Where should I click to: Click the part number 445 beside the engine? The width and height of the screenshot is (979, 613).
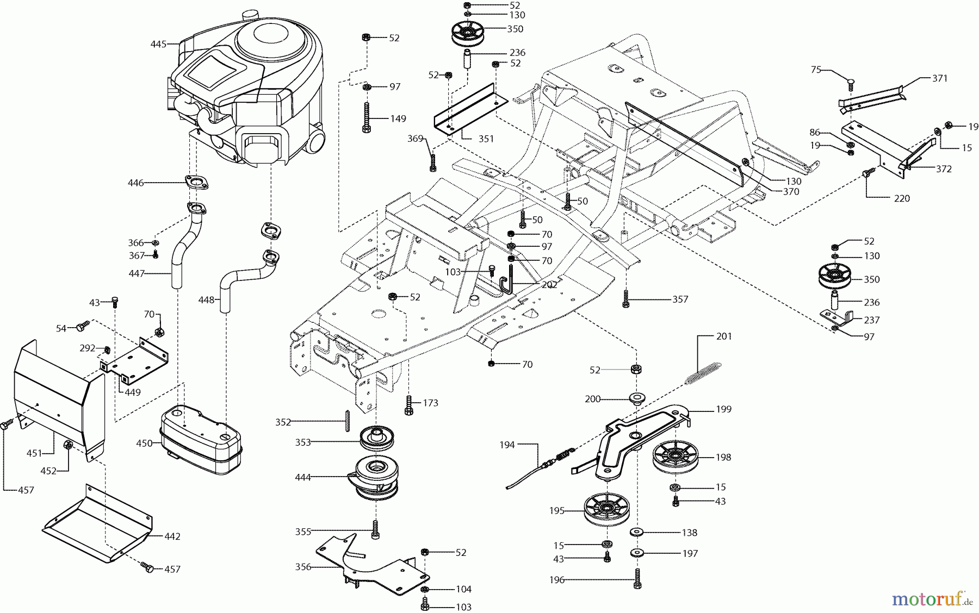click(158, 44)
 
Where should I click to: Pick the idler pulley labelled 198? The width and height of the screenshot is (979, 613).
click(676, 456)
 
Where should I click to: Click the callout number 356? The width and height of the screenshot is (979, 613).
click(303, 567)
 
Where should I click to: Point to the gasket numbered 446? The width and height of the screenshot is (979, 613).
click(197, 183)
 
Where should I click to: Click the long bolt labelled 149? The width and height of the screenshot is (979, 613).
click(367, 117)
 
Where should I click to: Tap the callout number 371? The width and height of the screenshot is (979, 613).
click(940, 78)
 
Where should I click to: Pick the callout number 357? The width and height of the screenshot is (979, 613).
click(680, 299)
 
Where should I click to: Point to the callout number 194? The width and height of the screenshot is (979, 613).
click(507, 445)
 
